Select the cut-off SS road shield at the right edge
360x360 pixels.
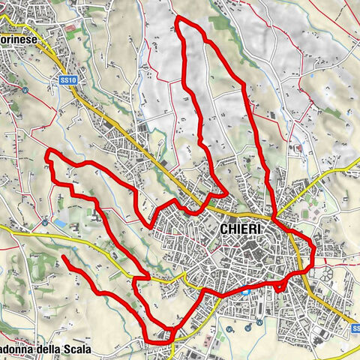tap(355, 327)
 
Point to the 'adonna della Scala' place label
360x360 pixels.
tap(45, 350)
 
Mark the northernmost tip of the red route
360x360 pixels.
tap(178, 16)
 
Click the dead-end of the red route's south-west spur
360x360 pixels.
tap(63, 258)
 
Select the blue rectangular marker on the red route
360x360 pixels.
tap(245, 292)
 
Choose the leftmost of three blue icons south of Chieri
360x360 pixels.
tap(228, 327)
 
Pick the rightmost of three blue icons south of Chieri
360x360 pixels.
tap(259, 322)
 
